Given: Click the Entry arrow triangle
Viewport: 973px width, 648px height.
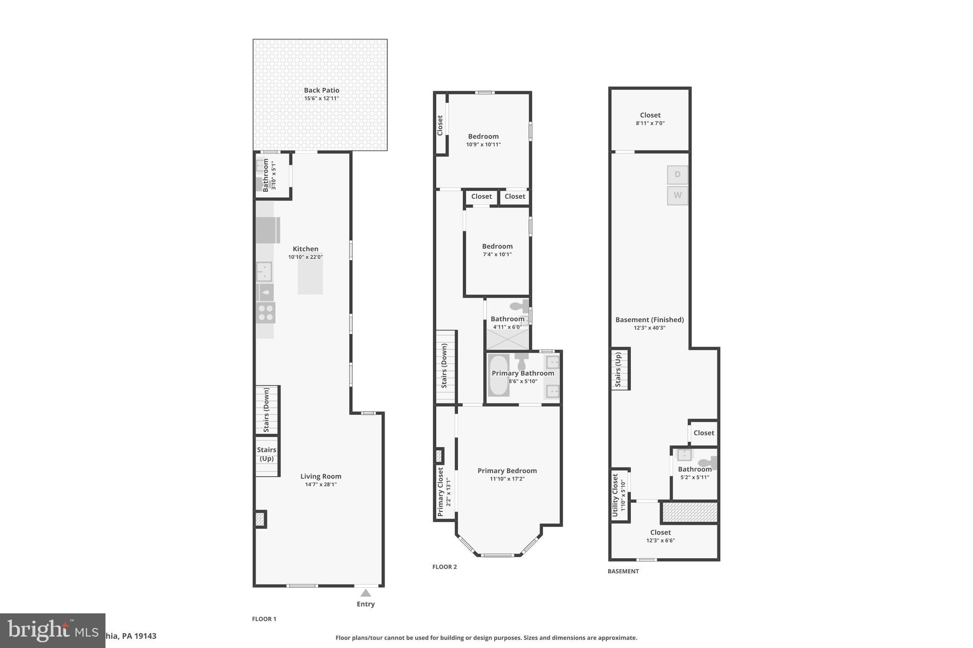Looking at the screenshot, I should (365, 593).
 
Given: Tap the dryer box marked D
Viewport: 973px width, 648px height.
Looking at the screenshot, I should (677, 175).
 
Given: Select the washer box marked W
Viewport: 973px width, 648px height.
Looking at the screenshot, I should (677, 195).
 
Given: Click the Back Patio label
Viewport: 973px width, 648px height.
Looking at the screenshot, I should (322, 90).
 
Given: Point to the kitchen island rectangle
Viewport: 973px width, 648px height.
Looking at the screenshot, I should (310, 277).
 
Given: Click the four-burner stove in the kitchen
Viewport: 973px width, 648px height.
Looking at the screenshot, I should (266, 313).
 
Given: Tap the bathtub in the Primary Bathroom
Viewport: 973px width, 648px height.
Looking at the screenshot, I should (498, 375).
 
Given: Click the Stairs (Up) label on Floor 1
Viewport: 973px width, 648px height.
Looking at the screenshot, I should (267, 454).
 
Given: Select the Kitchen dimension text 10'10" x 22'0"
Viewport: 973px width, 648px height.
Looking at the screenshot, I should (305, 257).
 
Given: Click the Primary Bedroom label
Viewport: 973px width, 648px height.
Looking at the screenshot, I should (507, 470).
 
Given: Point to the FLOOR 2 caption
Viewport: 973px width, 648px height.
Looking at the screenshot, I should (444, 567).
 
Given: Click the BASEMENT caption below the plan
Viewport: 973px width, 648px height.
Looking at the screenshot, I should (623, 571).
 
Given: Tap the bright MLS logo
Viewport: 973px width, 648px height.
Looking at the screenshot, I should (52, 630).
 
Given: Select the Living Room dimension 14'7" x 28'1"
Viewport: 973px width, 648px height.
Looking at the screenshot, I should (321, 485).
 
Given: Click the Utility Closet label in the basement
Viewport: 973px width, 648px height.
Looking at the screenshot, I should (615, 495).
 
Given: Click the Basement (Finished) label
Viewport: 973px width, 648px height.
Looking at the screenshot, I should (649, 319).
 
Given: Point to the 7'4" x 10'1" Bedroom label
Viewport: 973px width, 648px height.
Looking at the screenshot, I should (497, 246).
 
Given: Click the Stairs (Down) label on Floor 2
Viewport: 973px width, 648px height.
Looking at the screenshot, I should (444, 366).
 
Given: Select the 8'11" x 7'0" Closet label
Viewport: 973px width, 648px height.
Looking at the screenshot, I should (650, 115).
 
